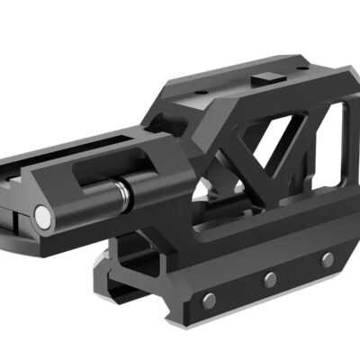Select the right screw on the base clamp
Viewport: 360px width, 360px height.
coord(327,260)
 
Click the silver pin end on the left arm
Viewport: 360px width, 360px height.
coord(41,215)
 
